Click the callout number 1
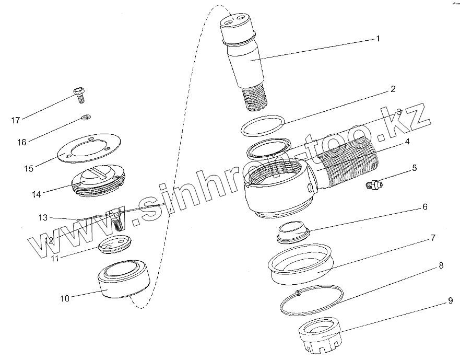[378, 39]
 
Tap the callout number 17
[16, 120]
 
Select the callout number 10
[65, 299]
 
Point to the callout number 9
[450, 301]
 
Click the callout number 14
[37, 194]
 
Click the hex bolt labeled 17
[79, 95]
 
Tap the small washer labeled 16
[86, 118]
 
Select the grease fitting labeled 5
[374, 184]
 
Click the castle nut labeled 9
[320, 335]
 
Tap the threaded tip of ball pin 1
[255, 98]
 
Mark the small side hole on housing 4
[310, 188]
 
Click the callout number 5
[415, 168]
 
